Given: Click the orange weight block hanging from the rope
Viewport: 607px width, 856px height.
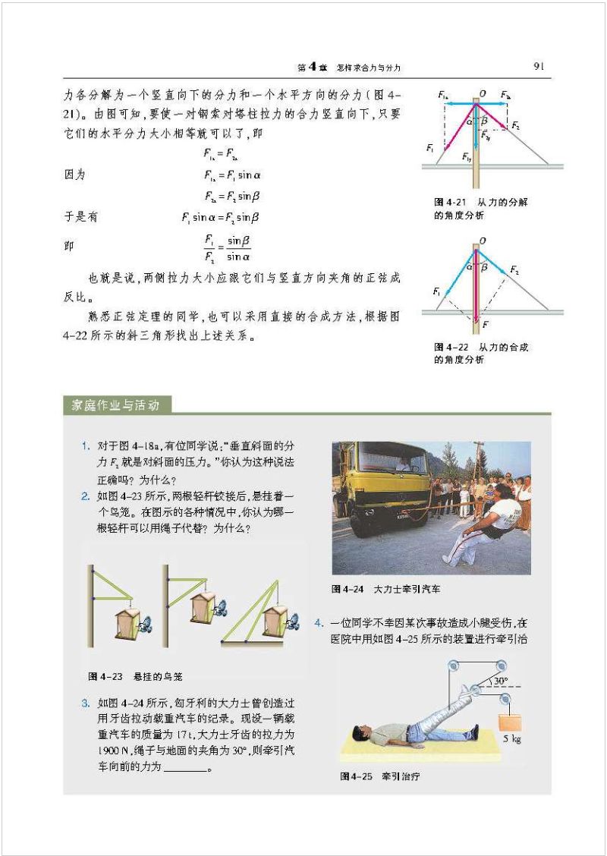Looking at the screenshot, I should (510, 716).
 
